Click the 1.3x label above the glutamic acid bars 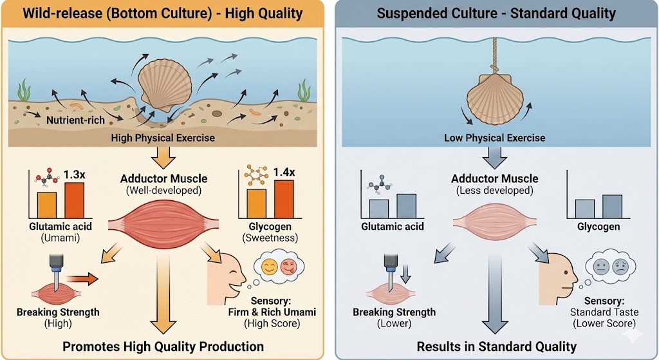coord(75,175)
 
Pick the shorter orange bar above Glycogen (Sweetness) coord(256,204)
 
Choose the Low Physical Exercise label coord(494,138)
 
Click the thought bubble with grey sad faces coord(610,268)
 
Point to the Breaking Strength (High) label coord(58,317)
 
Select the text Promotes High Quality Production coord(163,346)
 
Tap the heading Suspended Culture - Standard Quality coord(496,13)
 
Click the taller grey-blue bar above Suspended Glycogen coord(612,206)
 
